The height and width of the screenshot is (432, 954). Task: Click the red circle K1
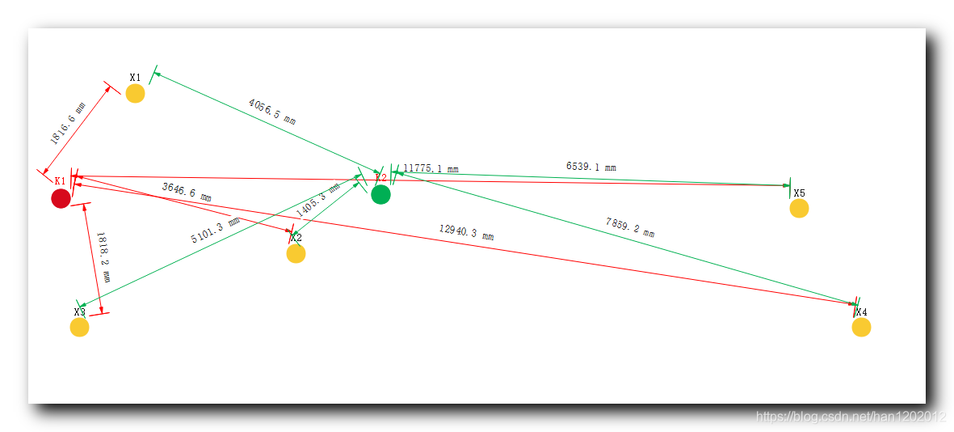pyautogui.click(x=61, y=198)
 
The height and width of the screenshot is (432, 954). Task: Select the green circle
pyautogui.click(x=380, y=195)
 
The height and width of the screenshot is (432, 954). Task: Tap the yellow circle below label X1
pyautogui.click(x=135, y=94)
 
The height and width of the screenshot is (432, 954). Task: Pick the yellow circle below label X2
pyautogui.click(x=296, y=254)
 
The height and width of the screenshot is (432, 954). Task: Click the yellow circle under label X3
pyautogui.click(x=79, y=327)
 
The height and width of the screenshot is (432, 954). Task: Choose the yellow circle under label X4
pyautogui.click(x=861, y=327)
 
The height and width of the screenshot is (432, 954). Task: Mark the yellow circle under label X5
pyautogui.click(x=799, y=208)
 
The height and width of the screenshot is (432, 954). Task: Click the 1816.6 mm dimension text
pyautogui.click(x=68, y=123)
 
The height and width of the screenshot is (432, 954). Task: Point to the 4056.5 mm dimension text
pyautogui.click(x=272, y=112)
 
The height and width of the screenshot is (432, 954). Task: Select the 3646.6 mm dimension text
pyautogui.click(x=187, y=192)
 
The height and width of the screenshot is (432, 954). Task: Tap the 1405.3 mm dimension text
pyautogui.click(x=317, y=200)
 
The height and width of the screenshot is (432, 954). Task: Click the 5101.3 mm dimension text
pyautogui.click(x=215, y=231)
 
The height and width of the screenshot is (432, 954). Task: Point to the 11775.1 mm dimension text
pyautogui.click(x=431, y=169)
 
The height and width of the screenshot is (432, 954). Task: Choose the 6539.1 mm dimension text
pyautogui.click(x=590, y=167)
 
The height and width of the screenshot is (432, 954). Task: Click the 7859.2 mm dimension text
pyautogui.click(x=629, y=227)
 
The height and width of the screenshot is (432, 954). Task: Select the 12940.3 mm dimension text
pyautogui.click(x=466, y=233)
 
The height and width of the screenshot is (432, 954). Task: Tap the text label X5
pyautogui.click(x=799, y=193)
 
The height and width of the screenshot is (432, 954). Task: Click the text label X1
pyautogui.click(x=135, y=77)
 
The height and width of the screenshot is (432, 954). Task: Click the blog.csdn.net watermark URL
pyautogui.click(x=851, y=417)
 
